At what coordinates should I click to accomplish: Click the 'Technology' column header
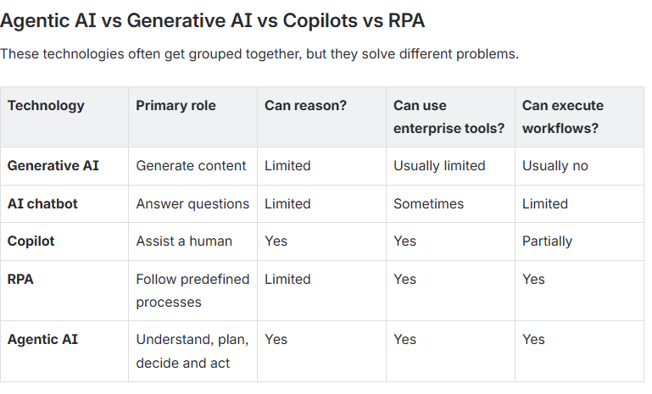46,106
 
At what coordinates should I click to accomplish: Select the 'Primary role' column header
176,106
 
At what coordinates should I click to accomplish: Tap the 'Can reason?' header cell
305,106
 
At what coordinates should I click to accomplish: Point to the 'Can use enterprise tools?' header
449,117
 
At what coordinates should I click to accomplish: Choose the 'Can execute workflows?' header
563,117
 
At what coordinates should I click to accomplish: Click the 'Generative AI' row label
53,165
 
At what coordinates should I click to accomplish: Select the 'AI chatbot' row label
42,203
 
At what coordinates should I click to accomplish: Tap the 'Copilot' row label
31,241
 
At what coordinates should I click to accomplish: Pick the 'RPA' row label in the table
20,279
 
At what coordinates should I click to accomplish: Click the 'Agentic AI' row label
42,339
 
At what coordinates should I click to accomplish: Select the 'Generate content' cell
191,165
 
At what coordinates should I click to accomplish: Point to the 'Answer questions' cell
192,203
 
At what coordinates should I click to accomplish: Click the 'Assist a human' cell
184,241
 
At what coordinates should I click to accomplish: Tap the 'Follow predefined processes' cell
192,291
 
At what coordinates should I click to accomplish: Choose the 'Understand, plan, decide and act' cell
192,351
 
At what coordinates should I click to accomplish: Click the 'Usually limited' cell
439,166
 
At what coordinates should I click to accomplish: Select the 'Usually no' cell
555,166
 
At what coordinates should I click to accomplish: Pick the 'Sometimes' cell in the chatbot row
428,203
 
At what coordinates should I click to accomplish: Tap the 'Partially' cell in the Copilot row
547,241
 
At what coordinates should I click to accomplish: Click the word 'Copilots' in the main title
320,21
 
